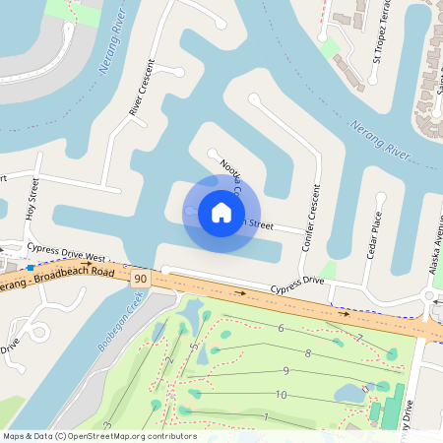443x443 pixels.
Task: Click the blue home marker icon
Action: (x=221, y=212)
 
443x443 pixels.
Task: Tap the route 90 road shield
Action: (x=141, y=280)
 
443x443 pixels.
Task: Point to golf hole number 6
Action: (x=282, y=328)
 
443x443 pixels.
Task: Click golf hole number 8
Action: (x=308, y=352)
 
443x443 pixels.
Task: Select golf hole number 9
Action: (x=285, y=371)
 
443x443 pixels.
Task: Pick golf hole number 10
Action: (x=281, y=395)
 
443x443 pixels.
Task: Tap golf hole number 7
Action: (x=359, y=339)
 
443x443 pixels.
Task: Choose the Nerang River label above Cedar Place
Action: (x=379, y=139)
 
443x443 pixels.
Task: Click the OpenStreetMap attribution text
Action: (x=98, y=435)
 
